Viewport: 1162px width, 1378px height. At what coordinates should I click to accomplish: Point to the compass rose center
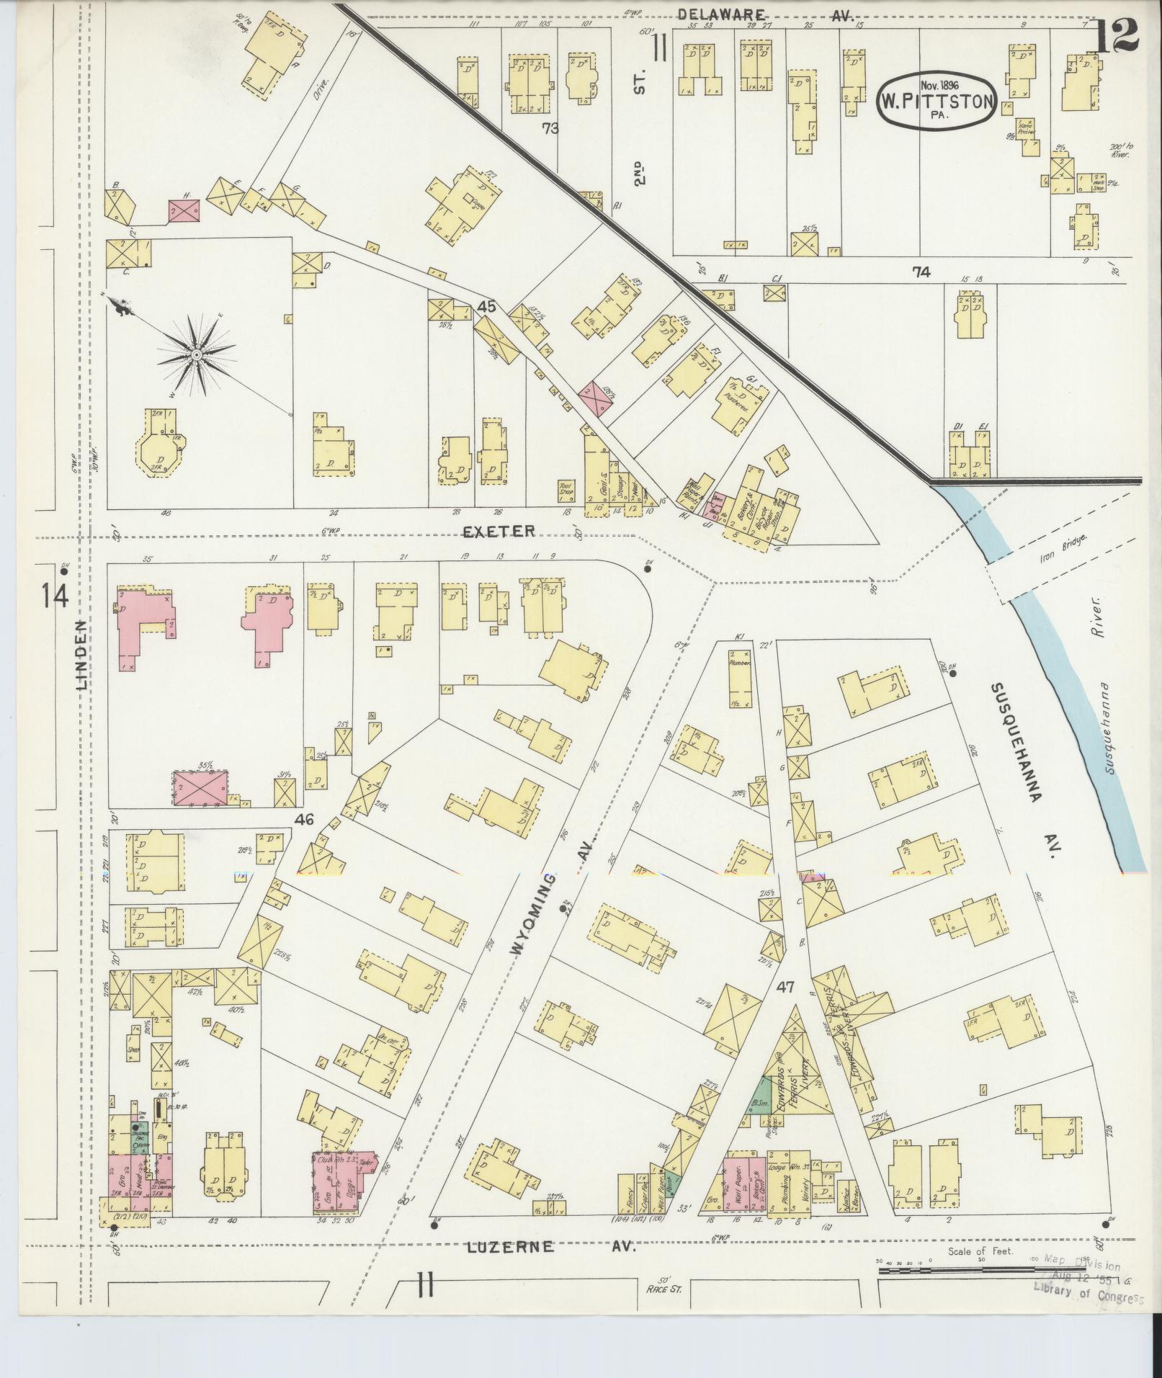pos(196,355)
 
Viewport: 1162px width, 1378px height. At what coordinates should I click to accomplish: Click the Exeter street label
pos(499,531)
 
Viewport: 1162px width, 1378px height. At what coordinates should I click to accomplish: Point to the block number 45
pos(487,306)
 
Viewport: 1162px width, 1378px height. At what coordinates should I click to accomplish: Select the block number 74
pos(921,272)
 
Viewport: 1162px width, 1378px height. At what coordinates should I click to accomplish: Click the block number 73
pos(551,129)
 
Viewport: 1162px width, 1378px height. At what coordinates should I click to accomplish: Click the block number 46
pos(305,819)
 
